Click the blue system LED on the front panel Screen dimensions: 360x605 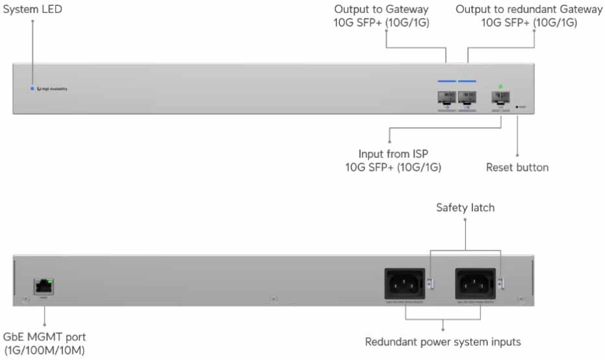(32, 88)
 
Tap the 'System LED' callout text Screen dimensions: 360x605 (33, 10)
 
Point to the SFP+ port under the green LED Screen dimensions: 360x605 (500, 98)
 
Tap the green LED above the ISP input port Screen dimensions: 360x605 (500, 86)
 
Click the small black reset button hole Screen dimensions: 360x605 (517, 106)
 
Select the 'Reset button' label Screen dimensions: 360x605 (517, 168)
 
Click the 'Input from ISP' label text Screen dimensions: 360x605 (393, 155)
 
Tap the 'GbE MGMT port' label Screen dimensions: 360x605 (45, 337)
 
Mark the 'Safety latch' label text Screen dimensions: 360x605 (465, 208)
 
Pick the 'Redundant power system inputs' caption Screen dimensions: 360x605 (443, 342)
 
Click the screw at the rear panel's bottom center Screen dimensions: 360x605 (274, 299)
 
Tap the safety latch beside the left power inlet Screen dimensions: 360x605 (430, 283)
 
